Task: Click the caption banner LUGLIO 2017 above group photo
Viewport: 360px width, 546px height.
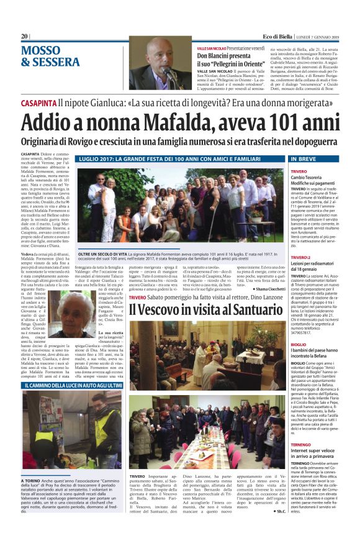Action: (x=172, y=160)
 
